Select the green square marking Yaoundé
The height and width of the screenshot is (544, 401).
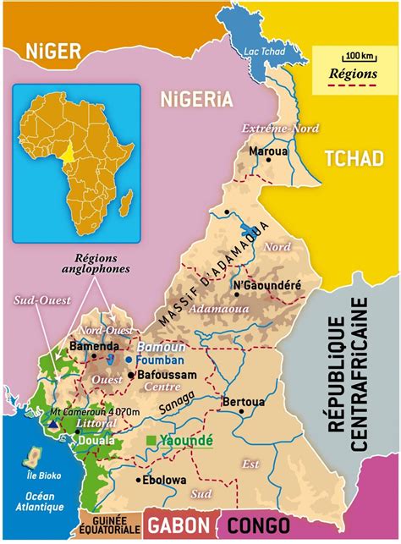pyautogui.click(x=151, y=441)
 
